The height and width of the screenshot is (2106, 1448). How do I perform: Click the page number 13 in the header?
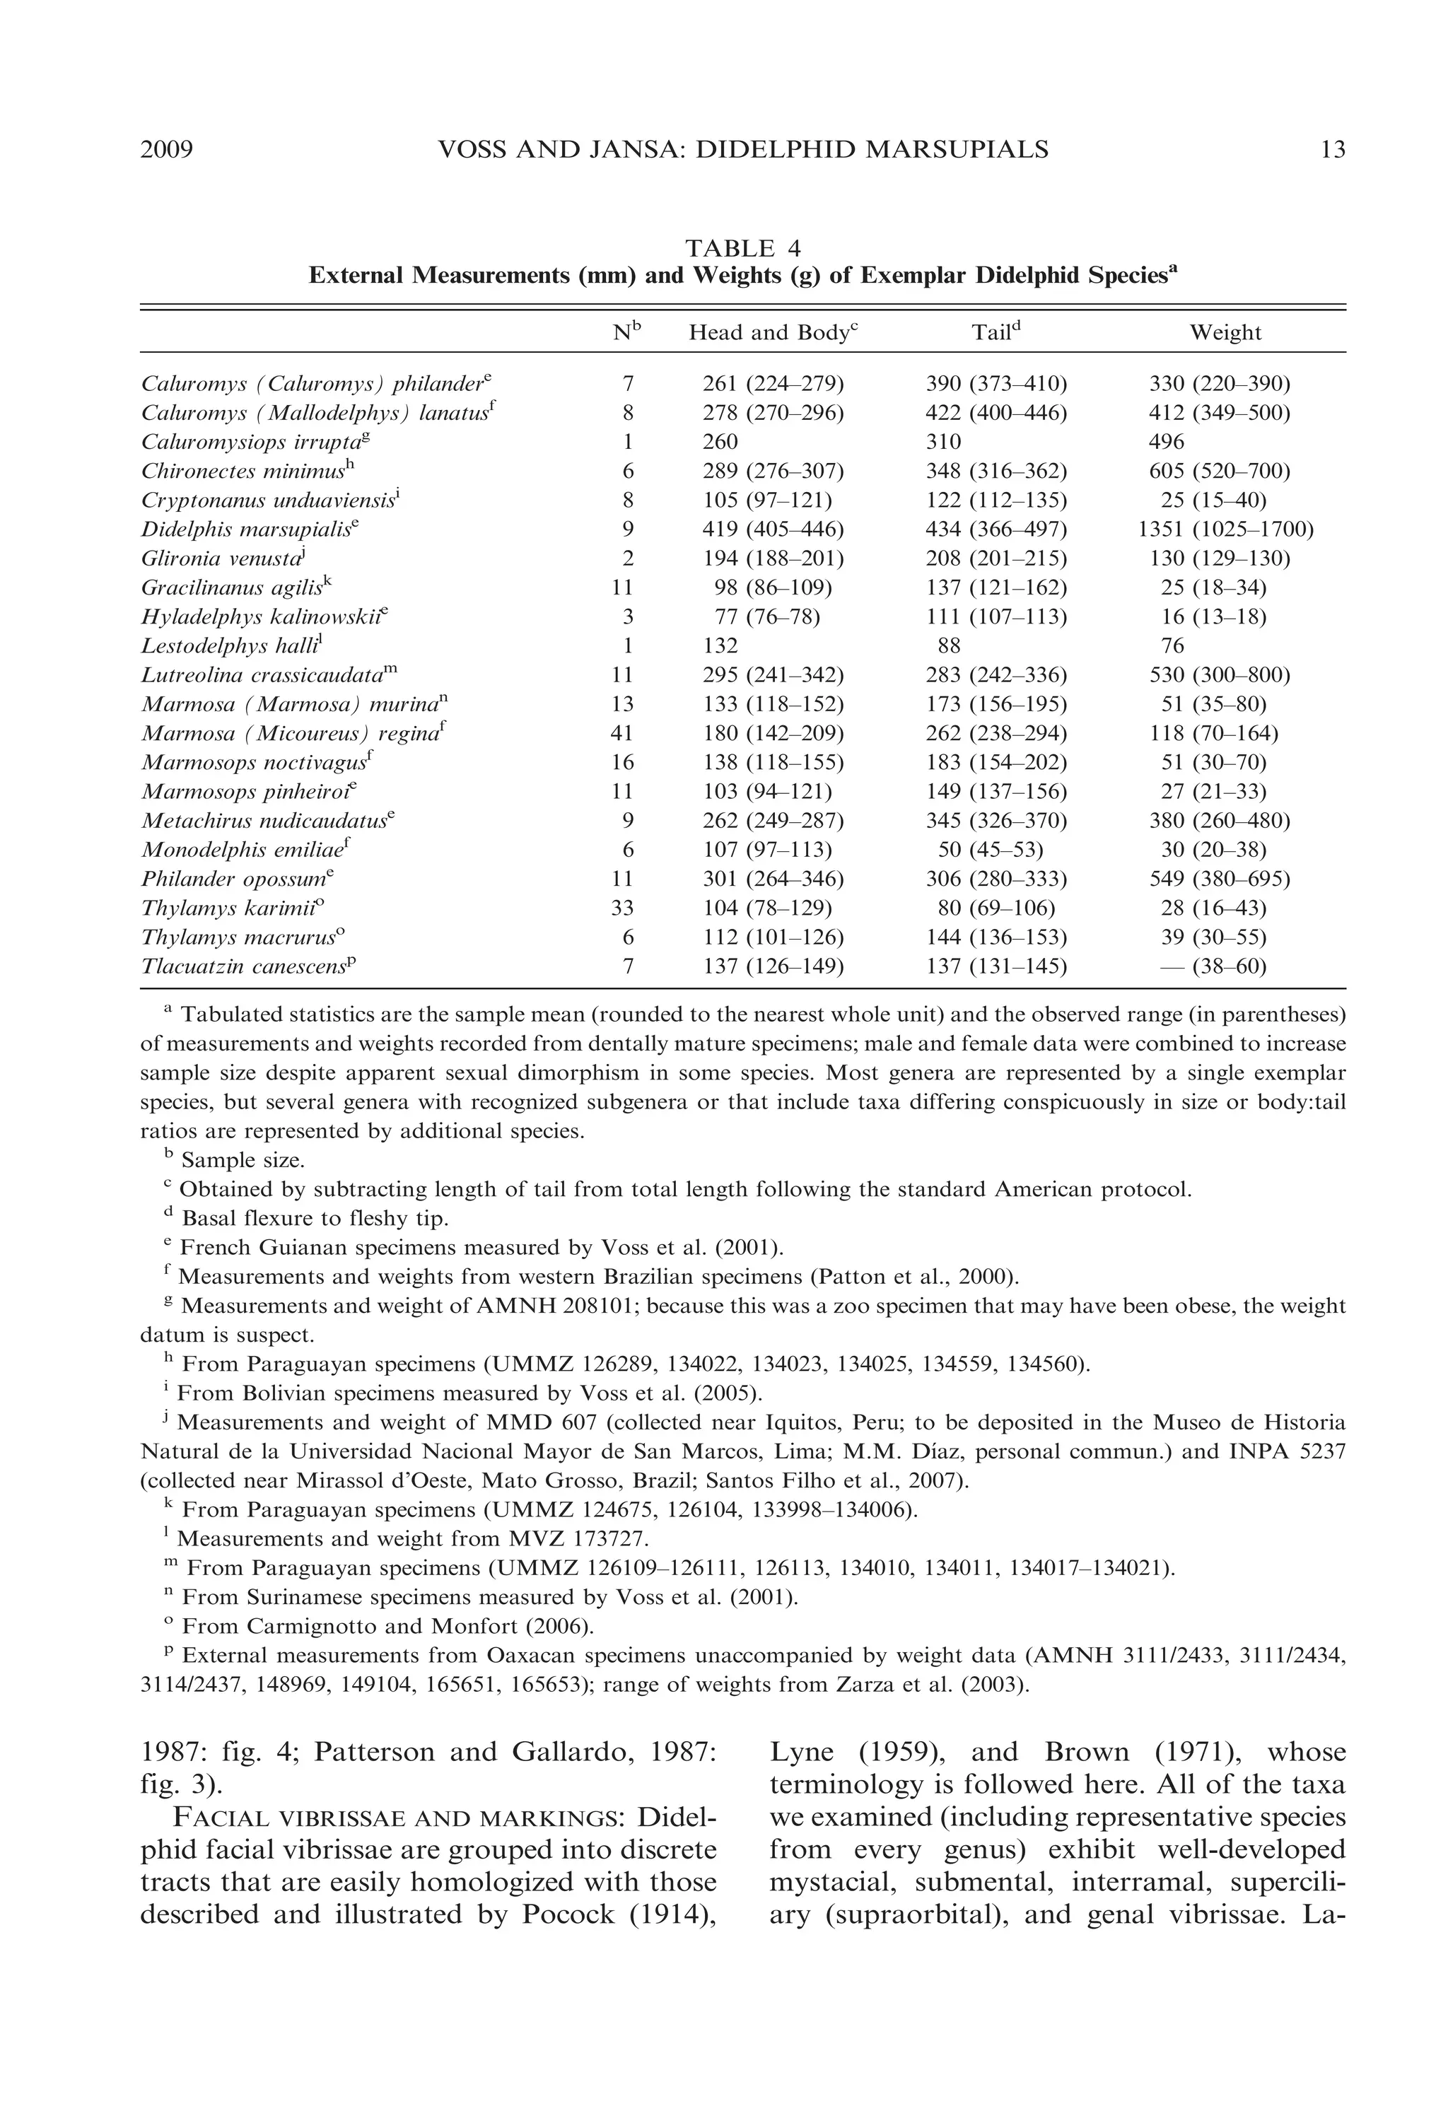click(1332, 150)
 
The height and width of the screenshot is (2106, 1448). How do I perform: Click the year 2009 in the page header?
click(167, 150)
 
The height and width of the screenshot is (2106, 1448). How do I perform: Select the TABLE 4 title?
click(742, 249)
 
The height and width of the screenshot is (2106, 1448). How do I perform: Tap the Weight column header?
click(1225, 333)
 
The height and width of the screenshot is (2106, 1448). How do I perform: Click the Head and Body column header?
click(772, 333)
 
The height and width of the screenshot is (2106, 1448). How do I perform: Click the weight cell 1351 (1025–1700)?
click(1225, 529)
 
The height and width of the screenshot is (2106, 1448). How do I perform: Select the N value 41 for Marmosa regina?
click(622, 733)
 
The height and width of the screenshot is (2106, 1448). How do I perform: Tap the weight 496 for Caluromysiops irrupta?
click(1166, 442)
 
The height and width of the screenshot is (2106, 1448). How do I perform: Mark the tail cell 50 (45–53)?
click(990, 850)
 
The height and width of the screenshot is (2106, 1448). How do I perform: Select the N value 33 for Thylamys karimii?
click(622, 908)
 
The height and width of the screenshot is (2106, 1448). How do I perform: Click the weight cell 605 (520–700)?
click(1218, 471)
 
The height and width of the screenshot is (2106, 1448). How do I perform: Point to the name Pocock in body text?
click(567, 1914)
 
